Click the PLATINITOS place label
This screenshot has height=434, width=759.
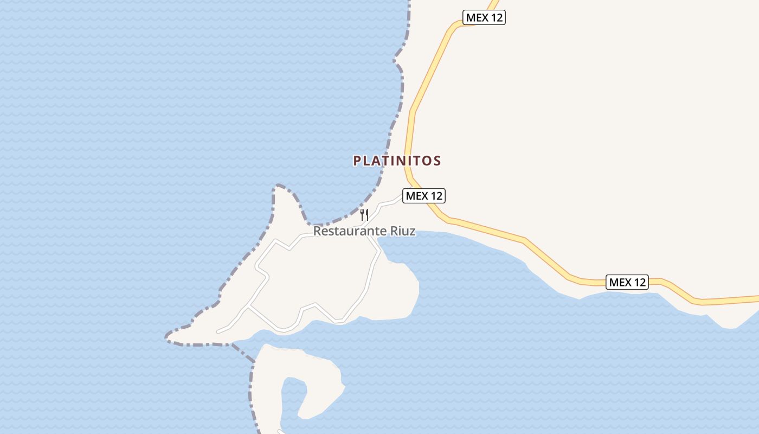pyautogui.click(x=397, y=161)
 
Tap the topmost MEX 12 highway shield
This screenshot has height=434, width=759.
pyautogui.click(x=484, y=17)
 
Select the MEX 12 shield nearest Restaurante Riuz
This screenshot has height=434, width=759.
pyautogui.click(x=424, y=196)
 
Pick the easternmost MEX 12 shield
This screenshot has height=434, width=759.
pyautogui.click(x=627, y=282)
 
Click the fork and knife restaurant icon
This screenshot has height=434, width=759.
pyautogui.click(x=364, y=215)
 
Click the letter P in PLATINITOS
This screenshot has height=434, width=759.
pyautogui.click(x=357, y=161)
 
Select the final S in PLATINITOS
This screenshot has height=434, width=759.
pyautogui.click(x=437, y=161)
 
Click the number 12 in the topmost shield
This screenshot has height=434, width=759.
pyautogui.click(x=496, y=17)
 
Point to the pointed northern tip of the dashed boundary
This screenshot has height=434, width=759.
pyautogui.click(x=278, y=186)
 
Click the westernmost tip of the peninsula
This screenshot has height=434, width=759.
pyautogui.click(x=167, y=338)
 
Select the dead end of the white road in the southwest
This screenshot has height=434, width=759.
pyautogui.click(x=217, y=331)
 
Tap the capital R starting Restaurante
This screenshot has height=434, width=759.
pyautogui.click(x=317, y=231)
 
